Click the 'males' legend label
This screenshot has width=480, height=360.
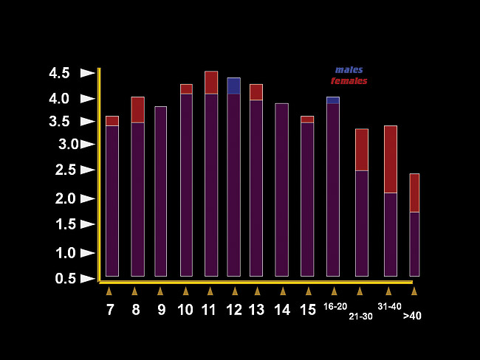[x=349, y=70]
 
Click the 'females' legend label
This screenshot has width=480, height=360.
[x=349, y=80]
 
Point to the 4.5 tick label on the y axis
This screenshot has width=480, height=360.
[x=59, y=73]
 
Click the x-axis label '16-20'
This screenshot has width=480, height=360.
[x=335, y=306]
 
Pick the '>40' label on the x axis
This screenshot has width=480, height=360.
[x=412, y=316]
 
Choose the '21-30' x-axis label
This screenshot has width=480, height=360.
[x=361, y=316]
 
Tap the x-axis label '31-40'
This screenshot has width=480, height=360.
[x=389, y=306]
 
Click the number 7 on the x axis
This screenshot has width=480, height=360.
[x=110, y=310]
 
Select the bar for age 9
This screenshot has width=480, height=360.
[x=160, y=191]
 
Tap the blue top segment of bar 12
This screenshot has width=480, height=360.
[x=233, y=86]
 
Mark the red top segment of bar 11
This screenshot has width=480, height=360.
[x=211, y=83]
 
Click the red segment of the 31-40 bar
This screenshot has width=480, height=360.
[x=391, y=159]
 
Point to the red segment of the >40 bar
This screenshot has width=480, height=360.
[x=414, y=193]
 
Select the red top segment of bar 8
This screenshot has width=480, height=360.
[x=137, y=110]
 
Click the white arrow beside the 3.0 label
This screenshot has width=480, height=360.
[x=88, y=145]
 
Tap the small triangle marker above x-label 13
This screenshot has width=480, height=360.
[x=256, y=291]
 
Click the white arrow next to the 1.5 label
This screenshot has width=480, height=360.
[x=88, y=224]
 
